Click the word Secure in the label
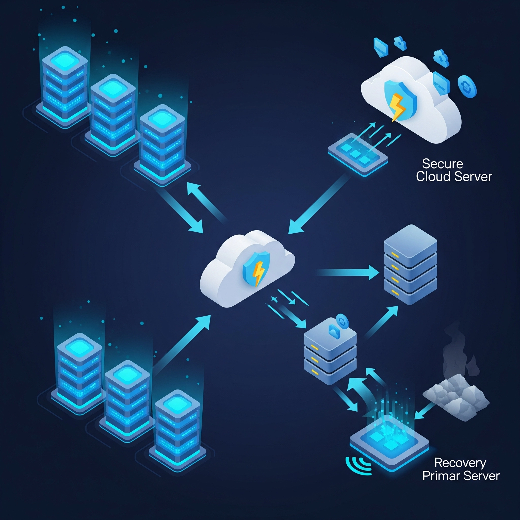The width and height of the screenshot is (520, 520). [443, 164]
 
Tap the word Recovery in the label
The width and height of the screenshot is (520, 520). [460, 463]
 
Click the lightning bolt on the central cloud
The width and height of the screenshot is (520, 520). [259, 272]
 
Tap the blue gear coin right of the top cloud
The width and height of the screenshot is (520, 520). [467, 86]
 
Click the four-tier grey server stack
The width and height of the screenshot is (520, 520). [410, 265]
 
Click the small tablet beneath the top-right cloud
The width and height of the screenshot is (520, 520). [358, 155]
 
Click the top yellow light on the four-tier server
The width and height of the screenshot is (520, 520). [395, 254]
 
